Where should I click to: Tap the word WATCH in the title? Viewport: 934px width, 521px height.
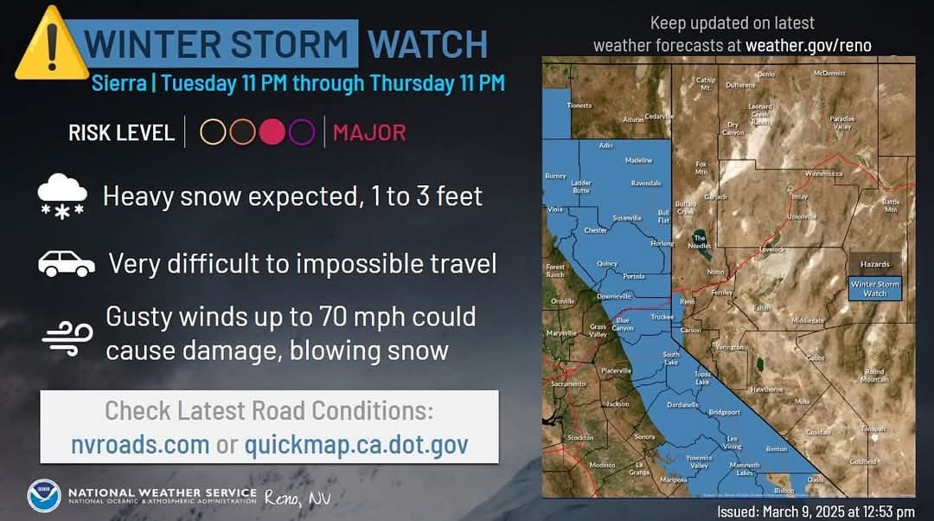coord(427,43)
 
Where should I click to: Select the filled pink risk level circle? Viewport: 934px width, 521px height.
coord(272,132)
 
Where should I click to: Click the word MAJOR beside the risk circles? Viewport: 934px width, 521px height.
coord(369,132)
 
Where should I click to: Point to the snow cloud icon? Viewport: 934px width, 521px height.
coord(62,196)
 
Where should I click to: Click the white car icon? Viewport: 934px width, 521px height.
coord(67,264)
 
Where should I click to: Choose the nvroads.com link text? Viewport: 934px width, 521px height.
coord(140,445)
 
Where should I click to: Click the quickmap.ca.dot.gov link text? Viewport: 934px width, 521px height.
coord(356,445)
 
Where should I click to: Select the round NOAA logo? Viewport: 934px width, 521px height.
coord(44,496)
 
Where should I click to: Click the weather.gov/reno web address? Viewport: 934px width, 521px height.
coord(809,45)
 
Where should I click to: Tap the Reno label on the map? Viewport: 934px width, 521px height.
coord(688,302)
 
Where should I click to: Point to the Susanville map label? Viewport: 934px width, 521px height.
coord(627,217)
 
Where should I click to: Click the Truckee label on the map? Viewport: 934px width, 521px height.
coord(662,316)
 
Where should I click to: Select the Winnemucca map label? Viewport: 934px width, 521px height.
coord(823,173)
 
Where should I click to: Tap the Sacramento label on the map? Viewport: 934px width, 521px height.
coord(568,383)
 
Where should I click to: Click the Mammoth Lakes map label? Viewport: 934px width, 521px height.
coord(745,468)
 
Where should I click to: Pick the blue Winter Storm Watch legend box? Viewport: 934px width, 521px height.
coord(874,288)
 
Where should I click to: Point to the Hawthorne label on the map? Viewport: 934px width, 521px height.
coord(766,389)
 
